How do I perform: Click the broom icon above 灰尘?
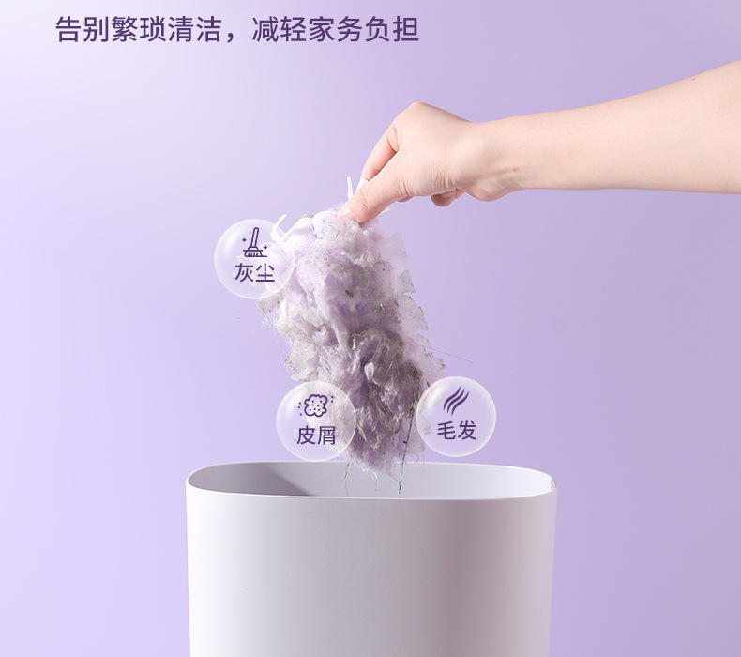tap(255, 243)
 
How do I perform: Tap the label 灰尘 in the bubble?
tap(255, 272)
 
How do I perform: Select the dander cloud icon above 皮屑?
tap(315, 405)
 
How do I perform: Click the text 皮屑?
tap(316, 435)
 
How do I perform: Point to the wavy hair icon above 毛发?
tap(456, 401)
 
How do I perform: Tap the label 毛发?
tap(456, 431)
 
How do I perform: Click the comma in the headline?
tap(231, 37)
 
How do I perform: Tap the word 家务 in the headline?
tap(335, 30)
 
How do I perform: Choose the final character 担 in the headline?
tap(405, 30)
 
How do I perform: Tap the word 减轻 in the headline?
tap(279, 30)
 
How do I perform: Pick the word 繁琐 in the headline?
tap(139, 30)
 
